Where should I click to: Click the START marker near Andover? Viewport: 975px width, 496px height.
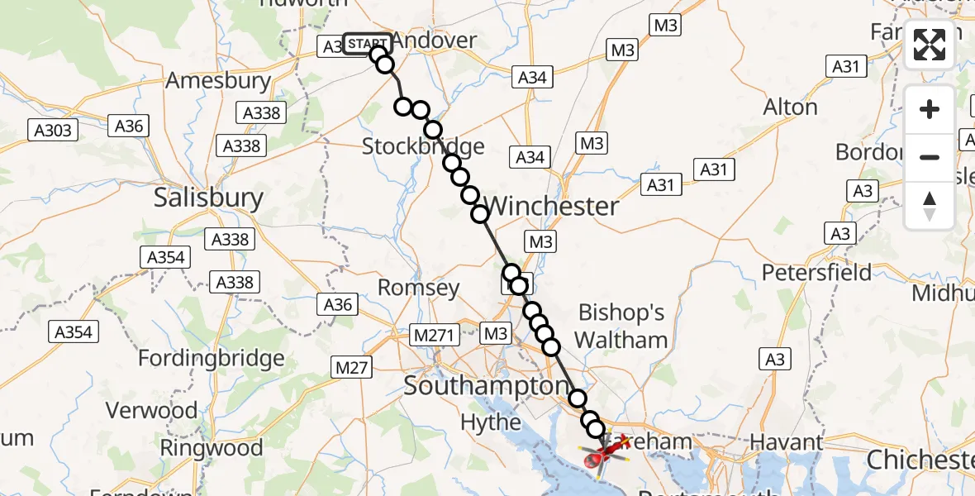pos(367,44)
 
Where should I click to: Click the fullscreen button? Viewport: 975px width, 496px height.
pos(930,45)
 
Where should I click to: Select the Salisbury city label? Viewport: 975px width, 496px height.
pos(209,198)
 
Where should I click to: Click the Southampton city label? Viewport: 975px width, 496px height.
pos(486,386)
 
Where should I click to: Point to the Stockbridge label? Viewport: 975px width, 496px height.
pos(423,147)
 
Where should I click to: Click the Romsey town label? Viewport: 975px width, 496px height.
pos(418,288)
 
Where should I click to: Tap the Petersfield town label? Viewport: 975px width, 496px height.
pos(816,272)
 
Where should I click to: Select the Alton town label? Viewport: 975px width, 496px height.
pos(791,107)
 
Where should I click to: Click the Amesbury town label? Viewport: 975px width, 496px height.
pos(218,81)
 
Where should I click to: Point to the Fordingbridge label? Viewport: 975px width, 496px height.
pos(211,359)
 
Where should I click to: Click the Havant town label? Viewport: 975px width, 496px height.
pos(786,443)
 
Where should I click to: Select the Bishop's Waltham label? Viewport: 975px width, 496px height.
pos(621,326)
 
